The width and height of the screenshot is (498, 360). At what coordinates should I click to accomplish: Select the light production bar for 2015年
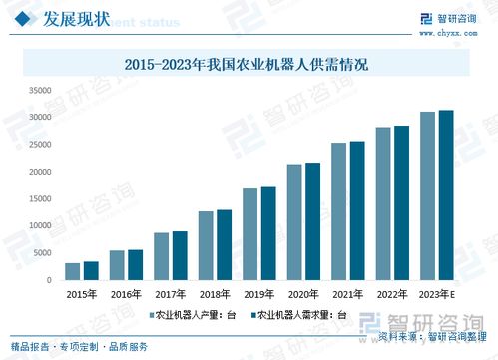72,271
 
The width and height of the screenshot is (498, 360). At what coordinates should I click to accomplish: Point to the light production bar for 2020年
294,221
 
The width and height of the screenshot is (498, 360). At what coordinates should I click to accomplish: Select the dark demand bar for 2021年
357,210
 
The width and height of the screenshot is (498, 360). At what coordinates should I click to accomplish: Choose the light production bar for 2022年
383,203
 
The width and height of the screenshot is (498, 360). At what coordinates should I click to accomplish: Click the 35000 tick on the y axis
38,90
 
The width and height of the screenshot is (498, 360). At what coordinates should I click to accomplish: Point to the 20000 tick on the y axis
38,172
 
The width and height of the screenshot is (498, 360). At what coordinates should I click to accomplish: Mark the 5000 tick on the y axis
41,253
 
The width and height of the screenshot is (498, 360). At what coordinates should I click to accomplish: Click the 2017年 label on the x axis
170,294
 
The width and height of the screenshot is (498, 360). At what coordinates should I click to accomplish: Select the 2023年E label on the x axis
437,294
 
